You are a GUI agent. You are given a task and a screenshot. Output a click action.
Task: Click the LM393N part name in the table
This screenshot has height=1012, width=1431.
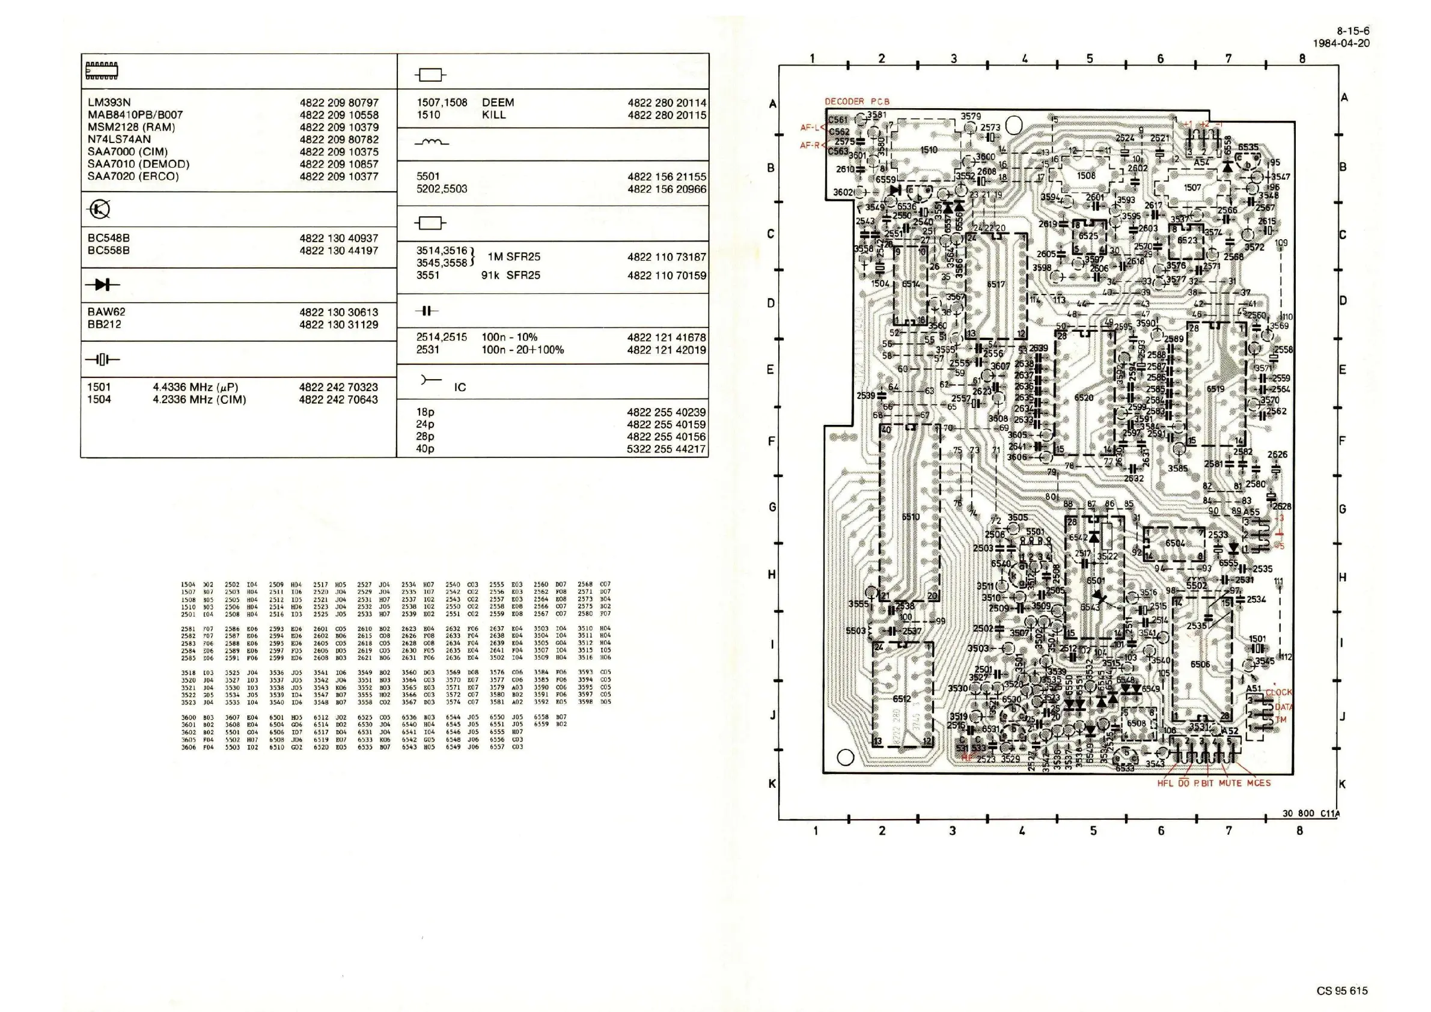(x=109, y=103)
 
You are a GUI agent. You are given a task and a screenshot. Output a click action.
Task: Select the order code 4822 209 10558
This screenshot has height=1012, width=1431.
(x=338, y=115)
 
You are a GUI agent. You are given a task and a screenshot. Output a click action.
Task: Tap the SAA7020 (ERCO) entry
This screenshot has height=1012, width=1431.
(x=133, y=176)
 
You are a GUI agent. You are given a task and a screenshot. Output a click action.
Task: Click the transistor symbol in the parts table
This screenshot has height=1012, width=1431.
(x=100, y=209)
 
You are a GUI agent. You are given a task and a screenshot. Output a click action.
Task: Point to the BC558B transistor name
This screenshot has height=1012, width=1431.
(x=108, y=251)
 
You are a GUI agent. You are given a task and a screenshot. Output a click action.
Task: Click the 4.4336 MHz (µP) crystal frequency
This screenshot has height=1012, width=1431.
(x=195, y=387)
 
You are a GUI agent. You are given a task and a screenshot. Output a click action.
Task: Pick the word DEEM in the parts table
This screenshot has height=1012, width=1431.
(x=498, y=103)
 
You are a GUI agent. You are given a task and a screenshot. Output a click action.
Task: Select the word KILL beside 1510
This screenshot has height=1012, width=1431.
(x=493, y=115)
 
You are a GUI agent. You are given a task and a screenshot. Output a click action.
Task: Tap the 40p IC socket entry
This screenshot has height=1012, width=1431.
(x=425, y=449)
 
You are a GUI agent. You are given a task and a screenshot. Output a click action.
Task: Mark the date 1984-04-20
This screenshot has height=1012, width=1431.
(x=1341, y=44)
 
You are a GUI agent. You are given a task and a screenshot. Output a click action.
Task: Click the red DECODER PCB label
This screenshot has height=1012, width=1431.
(x=857, y=102)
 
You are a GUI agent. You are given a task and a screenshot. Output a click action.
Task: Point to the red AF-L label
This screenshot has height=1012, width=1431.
(x=810, y=128)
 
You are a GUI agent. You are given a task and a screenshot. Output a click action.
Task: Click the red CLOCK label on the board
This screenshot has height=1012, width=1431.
(x=1279, y=692)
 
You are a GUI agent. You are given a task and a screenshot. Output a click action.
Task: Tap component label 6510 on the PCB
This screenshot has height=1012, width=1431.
(x=911, y=517)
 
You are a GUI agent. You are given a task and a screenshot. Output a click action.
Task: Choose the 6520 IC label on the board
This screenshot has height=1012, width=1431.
(x=1084, y=398)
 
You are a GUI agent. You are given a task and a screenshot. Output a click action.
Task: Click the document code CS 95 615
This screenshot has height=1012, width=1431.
(x=1342, y=991)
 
